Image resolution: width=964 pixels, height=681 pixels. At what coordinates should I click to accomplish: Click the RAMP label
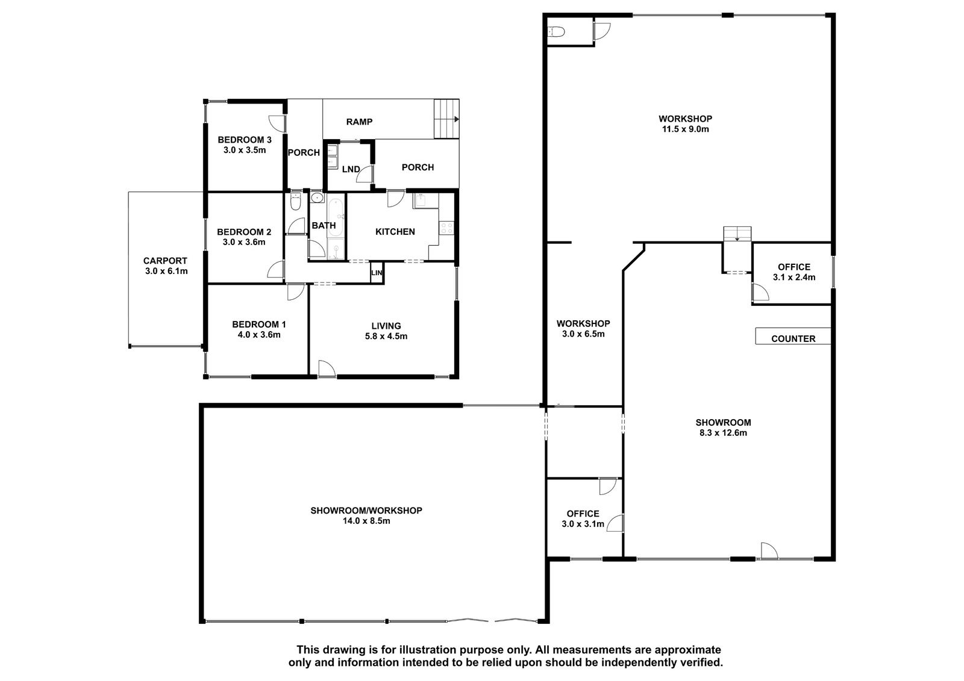pos(359,122)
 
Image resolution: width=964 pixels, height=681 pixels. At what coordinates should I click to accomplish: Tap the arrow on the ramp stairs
pos(457,119)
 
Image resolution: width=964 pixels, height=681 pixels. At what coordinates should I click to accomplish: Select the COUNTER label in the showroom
pos(793,338)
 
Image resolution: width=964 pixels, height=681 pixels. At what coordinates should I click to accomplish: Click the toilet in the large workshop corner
pos(556,31)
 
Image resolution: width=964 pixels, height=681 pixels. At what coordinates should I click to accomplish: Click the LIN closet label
pos(377,273)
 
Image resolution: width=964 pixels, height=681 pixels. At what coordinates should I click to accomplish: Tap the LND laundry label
pos(351,169)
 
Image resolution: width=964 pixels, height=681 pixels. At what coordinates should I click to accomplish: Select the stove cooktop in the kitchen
pos(446,228)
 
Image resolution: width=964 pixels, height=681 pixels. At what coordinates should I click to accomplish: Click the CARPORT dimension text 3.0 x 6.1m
pos(166,271)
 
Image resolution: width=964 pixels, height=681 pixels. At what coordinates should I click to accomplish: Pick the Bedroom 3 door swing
pos(277,123)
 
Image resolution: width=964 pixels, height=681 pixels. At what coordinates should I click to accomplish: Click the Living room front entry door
pos(327,368)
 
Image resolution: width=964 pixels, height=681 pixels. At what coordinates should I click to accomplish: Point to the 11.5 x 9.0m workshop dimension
pos(685,129)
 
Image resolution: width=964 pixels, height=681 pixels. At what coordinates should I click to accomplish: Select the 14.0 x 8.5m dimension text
pos(366,521)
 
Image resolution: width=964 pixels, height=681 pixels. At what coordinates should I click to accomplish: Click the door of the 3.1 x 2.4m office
pos(760,292)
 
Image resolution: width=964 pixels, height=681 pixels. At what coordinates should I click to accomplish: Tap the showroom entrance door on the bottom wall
pos(769,551)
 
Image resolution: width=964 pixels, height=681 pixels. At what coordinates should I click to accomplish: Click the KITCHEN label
pos(395,232)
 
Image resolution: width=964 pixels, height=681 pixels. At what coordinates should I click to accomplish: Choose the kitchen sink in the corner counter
pos(420,201)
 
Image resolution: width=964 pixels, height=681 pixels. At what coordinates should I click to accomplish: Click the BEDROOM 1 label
pos(258,325)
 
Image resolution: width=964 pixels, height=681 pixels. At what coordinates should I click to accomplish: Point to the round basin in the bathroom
pos(317,198)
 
